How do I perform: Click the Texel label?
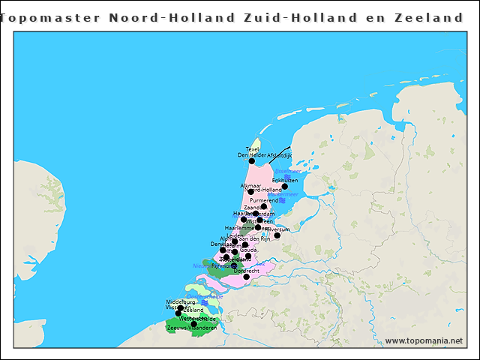[x=253, y=149]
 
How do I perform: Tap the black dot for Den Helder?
[x=252, y=161]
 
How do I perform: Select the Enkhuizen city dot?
[x=285, y=187]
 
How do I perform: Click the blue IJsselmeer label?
[x=288, y=172]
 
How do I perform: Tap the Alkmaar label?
[x=250, y=184]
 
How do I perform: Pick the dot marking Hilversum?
[x=277, y=235]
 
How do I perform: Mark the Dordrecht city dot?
[x=246, y=277]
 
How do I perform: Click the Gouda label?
[x=248, y=249]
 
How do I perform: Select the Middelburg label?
[x=181, y=302]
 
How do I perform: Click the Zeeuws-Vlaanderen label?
[x=192, y=328]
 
